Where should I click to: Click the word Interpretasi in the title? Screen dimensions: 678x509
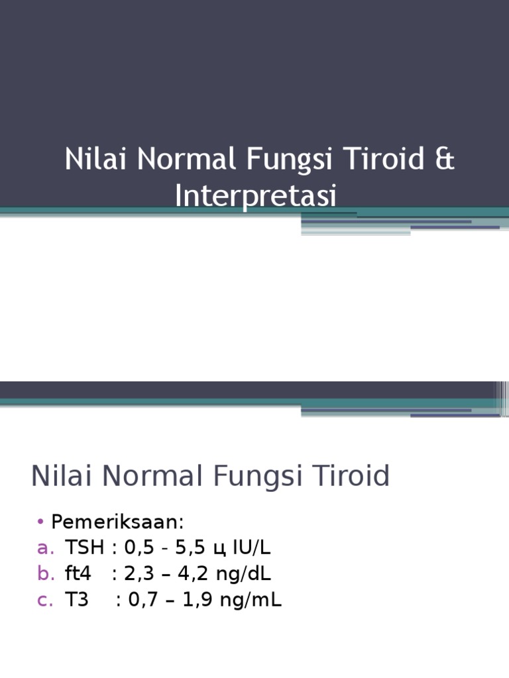tap(256, 197)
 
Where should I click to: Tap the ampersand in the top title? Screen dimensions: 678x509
tap(446, 160)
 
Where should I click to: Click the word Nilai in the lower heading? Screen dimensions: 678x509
tap(56, 477)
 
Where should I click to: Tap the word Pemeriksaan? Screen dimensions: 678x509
tap(117, 522)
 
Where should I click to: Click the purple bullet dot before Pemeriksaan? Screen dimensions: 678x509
tap(40, 522)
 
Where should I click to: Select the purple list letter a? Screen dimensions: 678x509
tap(45, 548)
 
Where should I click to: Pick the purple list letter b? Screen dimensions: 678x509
tap(45, 574)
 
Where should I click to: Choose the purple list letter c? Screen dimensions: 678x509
tap(45, 601)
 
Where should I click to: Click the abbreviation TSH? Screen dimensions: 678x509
tap(84, 548)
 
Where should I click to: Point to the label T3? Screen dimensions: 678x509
tap(76, 601)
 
